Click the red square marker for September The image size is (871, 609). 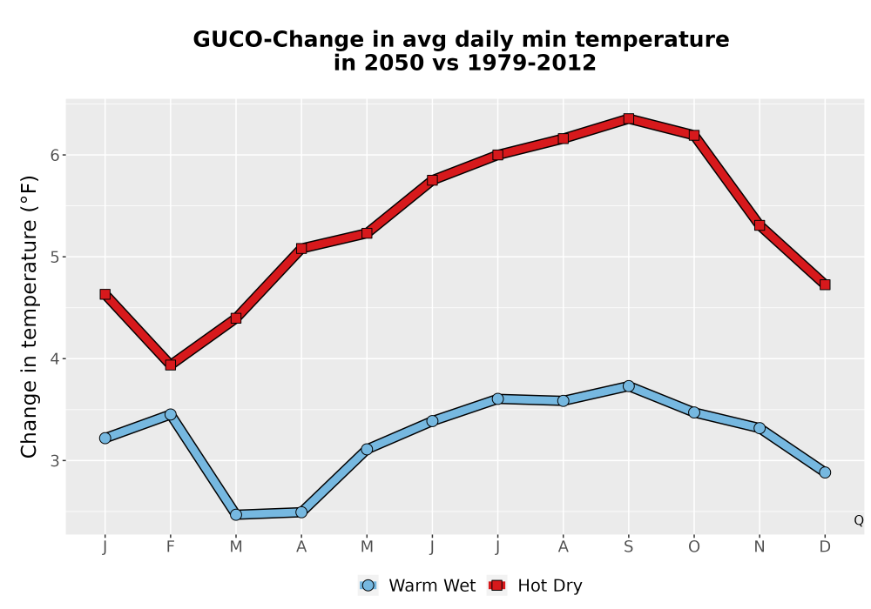pyautogui.click(x=628, y=118)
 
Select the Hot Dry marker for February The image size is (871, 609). pyautogui.click(x=171, y=365)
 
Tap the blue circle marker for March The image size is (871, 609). pyautogui.click(x=236, y=515)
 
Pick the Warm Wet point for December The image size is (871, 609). pyautogui.click(x=825, y=472)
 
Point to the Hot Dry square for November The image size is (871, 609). pyautogui.click(x=760, y=225)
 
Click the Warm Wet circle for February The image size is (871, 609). pyautogui.click(x=171, y=414)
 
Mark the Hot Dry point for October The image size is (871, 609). pyautogui.click(x=694, y=136)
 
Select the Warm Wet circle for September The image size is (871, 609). pyautogui.click(x=628, y=386)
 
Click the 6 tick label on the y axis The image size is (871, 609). pyautogui.click(x=54, y=156)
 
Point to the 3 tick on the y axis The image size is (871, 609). pyautogui.click(x=54, y=461)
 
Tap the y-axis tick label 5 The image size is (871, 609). pyautogui.click(x=54, y=258)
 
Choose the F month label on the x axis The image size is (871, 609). pyautogui.click(x=171, y=547)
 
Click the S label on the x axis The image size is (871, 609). pyautogui.click(x=628, y=547)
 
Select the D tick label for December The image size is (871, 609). pyautogui.click(x=825, y=547)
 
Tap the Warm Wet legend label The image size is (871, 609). pyautogui.click(x=432, y=586)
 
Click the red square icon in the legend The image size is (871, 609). pyautogui.click(x=497, y=586)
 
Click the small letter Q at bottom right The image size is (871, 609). pyautogui.click(x=859, y=520)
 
